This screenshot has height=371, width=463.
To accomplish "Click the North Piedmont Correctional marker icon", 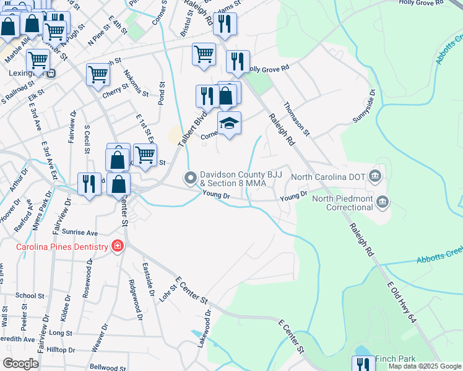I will click(x=383, y=202).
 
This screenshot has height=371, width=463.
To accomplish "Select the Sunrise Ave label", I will click(x=84, y=233).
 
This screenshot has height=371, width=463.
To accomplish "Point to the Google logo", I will click(x=20, y=364).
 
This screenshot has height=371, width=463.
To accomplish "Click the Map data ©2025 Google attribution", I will click(x=425, y=366).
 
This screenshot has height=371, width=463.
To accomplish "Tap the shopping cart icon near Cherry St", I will click(x=98, y=74).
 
